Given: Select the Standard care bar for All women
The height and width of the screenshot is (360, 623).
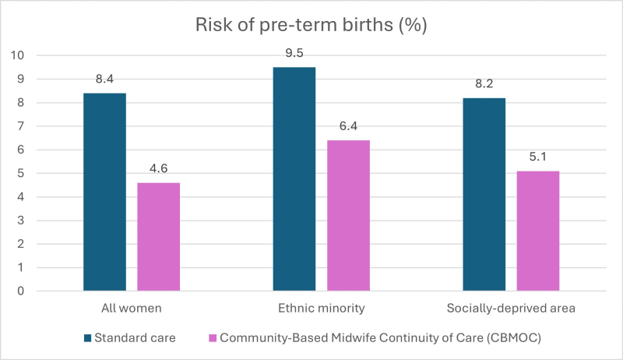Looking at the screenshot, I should (x=104, y=192).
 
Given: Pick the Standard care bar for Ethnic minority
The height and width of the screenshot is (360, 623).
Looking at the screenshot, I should (x=294, y=179).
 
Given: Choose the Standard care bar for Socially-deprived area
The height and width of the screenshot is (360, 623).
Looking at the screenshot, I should (x=484, y=194).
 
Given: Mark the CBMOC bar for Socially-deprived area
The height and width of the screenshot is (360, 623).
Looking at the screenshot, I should (x=538, y=231).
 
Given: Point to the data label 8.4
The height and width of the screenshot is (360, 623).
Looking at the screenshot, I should (x=104, y=79).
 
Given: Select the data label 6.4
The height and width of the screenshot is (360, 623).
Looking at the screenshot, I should (x=348, y=126).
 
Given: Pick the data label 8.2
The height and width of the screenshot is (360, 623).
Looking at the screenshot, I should (x=484, y=83).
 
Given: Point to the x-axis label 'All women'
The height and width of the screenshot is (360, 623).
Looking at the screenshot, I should (x=132, y=309).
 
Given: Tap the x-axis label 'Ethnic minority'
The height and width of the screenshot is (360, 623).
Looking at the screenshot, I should (x=321, y=309).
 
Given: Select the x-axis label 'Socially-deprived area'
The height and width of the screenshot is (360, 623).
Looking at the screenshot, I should (x=511, y=309).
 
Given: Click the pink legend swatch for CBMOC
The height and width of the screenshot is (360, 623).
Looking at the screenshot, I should (x=212, y=337).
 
